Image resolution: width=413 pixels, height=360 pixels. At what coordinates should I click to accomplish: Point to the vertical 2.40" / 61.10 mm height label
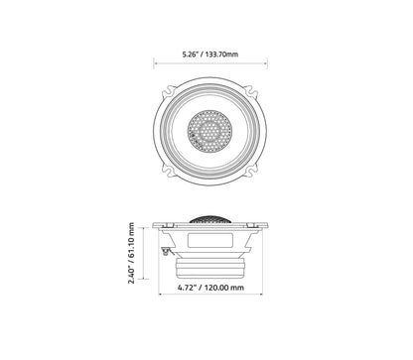(x=131, y=254)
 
